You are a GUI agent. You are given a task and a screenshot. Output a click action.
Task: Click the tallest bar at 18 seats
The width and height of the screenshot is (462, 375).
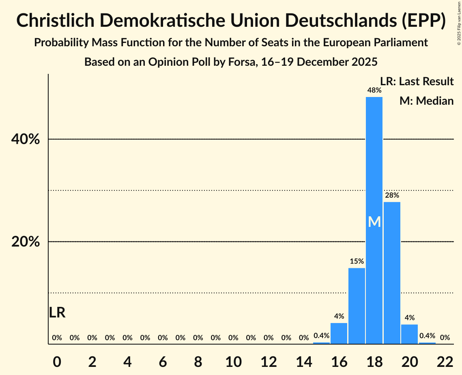374,162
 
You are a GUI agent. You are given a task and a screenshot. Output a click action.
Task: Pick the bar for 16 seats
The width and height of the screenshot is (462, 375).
339,333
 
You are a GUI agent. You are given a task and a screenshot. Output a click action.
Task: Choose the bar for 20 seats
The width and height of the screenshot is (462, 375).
409,334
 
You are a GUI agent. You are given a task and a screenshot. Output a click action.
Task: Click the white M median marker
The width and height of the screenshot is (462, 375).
374,222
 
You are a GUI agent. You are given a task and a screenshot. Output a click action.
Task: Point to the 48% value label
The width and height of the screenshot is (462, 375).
374,90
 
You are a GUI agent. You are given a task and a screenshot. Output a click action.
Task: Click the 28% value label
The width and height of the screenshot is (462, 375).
392,195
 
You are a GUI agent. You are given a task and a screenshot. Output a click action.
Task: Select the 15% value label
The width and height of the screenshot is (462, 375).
357,261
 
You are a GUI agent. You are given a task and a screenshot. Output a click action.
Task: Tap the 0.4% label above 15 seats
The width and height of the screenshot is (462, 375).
321,336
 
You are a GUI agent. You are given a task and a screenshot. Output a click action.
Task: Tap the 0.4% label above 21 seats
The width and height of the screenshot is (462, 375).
427,336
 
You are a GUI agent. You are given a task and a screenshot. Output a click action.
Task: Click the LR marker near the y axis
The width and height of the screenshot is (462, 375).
57,312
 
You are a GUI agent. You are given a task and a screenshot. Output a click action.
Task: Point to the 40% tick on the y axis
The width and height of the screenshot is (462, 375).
26,140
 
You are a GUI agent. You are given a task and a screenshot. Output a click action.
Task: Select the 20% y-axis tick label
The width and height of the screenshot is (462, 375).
26,242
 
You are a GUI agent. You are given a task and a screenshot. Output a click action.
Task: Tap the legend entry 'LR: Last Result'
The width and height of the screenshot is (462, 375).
417,81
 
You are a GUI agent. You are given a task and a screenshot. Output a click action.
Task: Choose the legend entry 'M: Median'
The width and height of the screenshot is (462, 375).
426,101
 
